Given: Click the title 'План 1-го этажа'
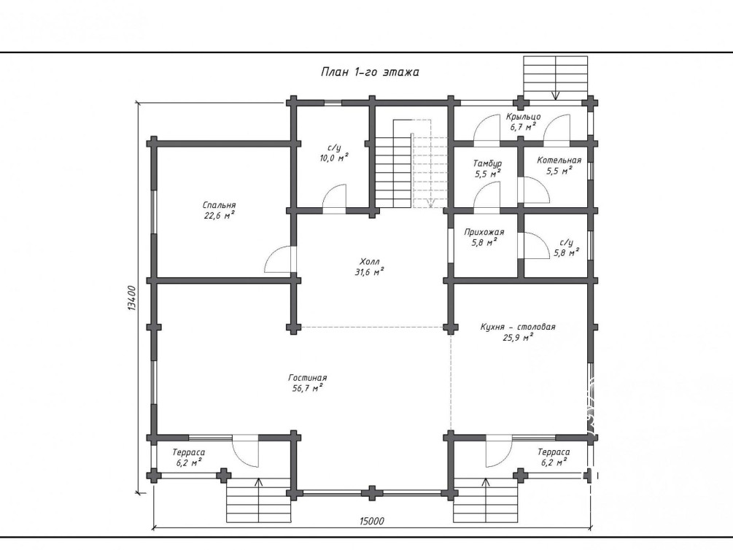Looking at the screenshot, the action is (370, 72).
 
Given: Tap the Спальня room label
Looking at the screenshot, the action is (220, 205).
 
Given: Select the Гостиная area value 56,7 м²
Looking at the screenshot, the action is (308, 388).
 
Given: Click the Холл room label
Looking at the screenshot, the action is (369, 261).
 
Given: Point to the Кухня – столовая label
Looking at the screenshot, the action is (518, 327).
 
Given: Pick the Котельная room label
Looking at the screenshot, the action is (559, 160).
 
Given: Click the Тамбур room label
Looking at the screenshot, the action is (488, 163).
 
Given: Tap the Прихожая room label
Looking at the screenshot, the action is (484, 232).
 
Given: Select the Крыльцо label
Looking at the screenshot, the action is (523, 117).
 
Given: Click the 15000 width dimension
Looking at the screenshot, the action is (372, 521).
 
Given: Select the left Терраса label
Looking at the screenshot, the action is (188, 452).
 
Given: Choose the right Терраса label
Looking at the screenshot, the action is (554, 452).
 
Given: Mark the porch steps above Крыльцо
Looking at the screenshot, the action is (555, 77).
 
